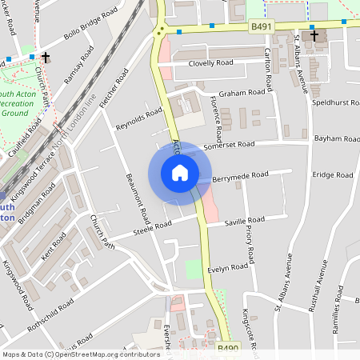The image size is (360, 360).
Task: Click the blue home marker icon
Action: (179, 173)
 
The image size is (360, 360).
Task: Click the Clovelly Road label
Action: (210, 62)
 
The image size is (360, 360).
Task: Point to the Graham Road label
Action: (242, 92)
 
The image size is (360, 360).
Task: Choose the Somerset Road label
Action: (229, 145)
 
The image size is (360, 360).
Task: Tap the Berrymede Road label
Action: (243, 175)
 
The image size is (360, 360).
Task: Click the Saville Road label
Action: (244, 220)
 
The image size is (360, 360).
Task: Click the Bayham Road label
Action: (334, 138)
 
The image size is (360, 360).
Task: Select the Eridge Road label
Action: (333, 174)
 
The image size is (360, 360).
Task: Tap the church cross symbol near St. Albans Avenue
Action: (314, 36)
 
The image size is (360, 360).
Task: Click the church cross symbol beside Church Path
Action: (46, 58)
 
